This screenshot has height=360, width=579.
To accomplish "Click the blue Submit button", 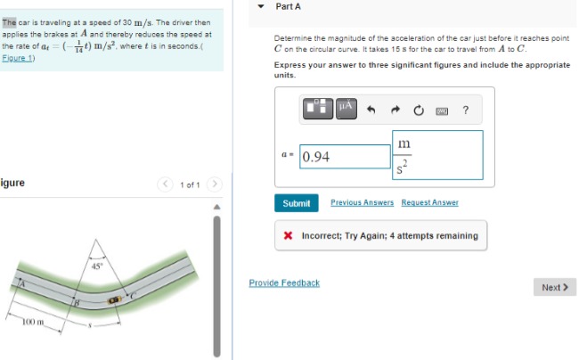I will [296, 203].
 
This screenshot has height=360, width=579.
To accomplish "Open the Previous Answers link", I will [362, 203].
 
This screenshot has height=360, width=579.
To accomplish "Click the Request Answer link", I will [429, 203].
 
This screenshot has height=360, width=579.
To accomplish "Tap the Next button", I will [554, 287].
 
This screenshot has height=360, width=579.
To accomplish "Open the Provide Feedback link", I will [284, 282].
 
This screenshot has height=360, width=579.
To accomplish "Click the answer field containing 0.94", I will [345, 157].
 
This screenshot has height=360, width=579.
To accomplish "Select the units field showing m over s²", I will [436, 155].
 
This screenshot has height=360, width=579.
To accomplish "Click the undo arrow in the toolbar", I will [372, 110].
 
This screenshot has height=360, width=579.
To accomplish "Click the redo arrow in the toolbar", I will [396, 110].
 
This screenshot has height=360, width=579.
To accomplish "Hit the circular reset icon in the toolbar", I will [418, 110].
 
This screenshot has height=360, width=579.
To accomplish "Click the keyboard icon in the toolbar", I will [441, 110].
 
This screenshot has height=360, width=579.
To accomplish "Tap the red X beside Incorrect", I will [289, 236].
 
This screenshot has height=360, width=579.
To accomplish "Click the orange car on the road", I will [114, 302].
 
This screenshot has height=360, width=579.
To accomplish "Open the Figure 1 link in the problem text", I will [18, 58].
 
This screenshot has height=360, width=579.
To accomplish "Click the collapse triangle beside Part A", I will [260, 6].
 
